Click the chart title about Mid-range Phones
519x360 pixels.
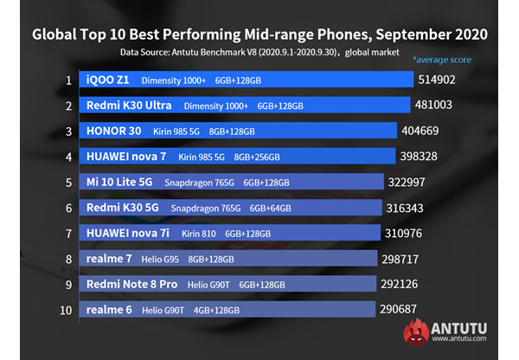(259, 35)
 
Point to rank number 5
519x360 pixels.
(67, 183)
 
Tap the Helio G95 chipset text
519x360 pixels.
(159, 259)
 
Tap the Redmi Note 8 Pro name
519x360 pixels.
(131, 284)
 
